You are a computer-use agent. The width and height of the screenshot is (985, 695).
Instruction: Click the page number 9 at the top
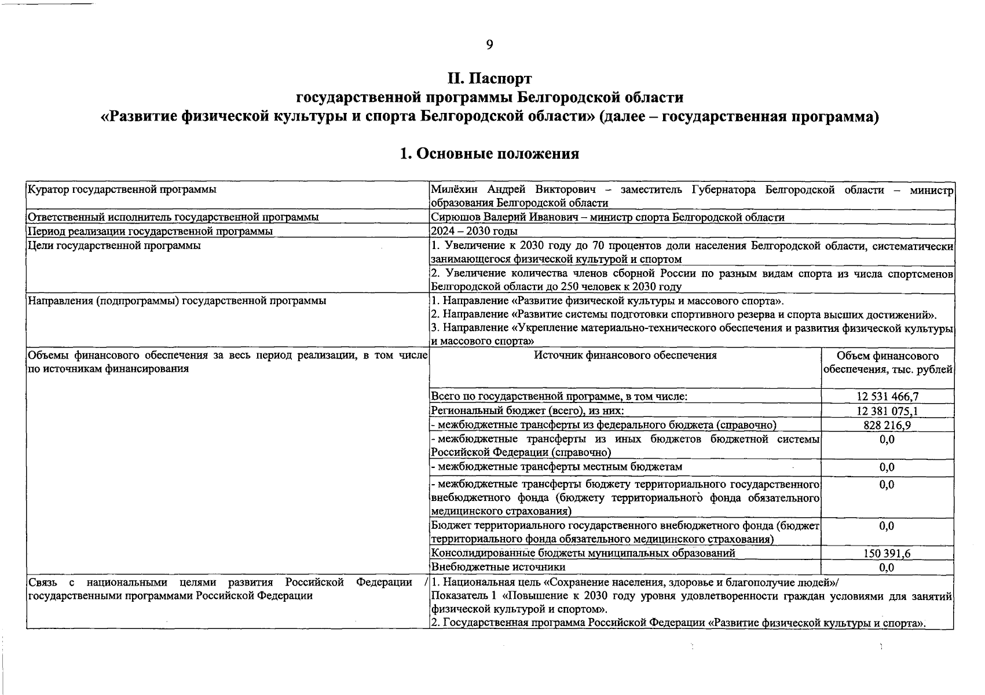tap(489, 45)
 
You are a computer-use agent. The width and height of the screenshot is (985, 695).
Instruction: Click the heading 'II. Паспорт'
tap(489, 78)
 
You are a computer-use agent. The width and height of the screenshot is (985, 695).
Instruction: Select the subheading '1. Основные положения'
tap(489, 153)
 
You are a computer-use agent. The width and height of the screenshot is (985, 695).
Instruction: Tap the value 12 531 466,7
tap(887, 397)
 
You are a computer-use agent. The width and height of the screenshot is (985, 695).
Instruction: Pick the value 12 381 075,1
tap(887, 411)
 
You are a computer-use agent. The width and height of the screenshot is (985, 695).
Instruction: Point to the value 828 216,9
tap(887, 425)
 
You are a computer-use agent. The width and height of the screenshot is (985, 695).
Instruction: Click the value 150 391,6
tap(887, 554)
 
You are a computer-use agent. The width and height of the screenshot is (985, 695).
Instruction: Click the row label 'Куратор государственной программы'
tap(122, 189)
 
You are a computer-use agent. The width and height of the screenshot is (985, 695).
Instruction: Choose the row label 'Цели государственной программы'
tap(114, 246)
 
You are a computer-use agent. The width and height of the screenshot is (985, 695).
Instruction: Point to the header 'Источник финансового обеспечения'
tap(625, 356)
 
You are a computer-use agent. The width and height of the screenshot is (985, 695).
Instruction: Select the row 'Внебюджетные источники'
tap(498, 567)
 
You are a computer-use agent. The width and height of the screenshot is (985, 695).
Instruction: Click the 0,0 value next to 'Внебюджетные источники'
tap(887, 568)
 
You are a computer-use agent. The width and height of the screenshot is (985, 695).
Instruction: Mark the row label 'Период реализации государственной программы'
tap(151, 231)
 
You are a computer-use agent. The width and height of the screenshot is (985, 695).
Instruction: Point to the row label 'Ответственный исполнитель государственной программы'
tap(173, 217)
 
